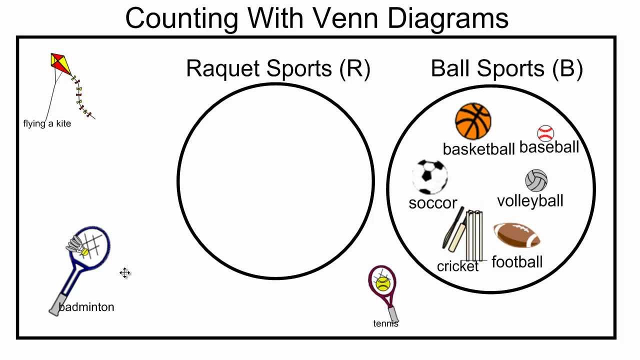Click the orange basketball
pos(473,121)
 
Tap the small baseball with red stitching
pos(545,133)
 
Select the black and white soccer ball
pos(429,176)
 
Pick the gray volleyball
pos(536,181)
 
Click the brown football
pos(517,235)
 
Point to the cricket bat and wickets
pos(464,234)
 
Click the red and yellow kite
pos(59,64)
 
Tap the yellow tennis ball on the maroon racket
pos(383,284)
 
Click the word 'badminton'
pos(86,307)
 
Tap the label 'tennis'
pos(386,323)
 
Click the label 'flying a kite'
pos(47,123)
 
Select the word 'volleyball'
pos(530,201)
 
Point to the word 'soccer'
pos(432,203)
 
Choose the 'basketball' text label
pos(478,149)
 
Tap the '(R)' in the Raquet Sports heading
pos(354,68)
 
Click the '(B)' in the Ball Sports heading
pos(567,68)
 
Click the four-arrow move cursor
pos(125,272)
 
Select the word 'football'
pos(517,262)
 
